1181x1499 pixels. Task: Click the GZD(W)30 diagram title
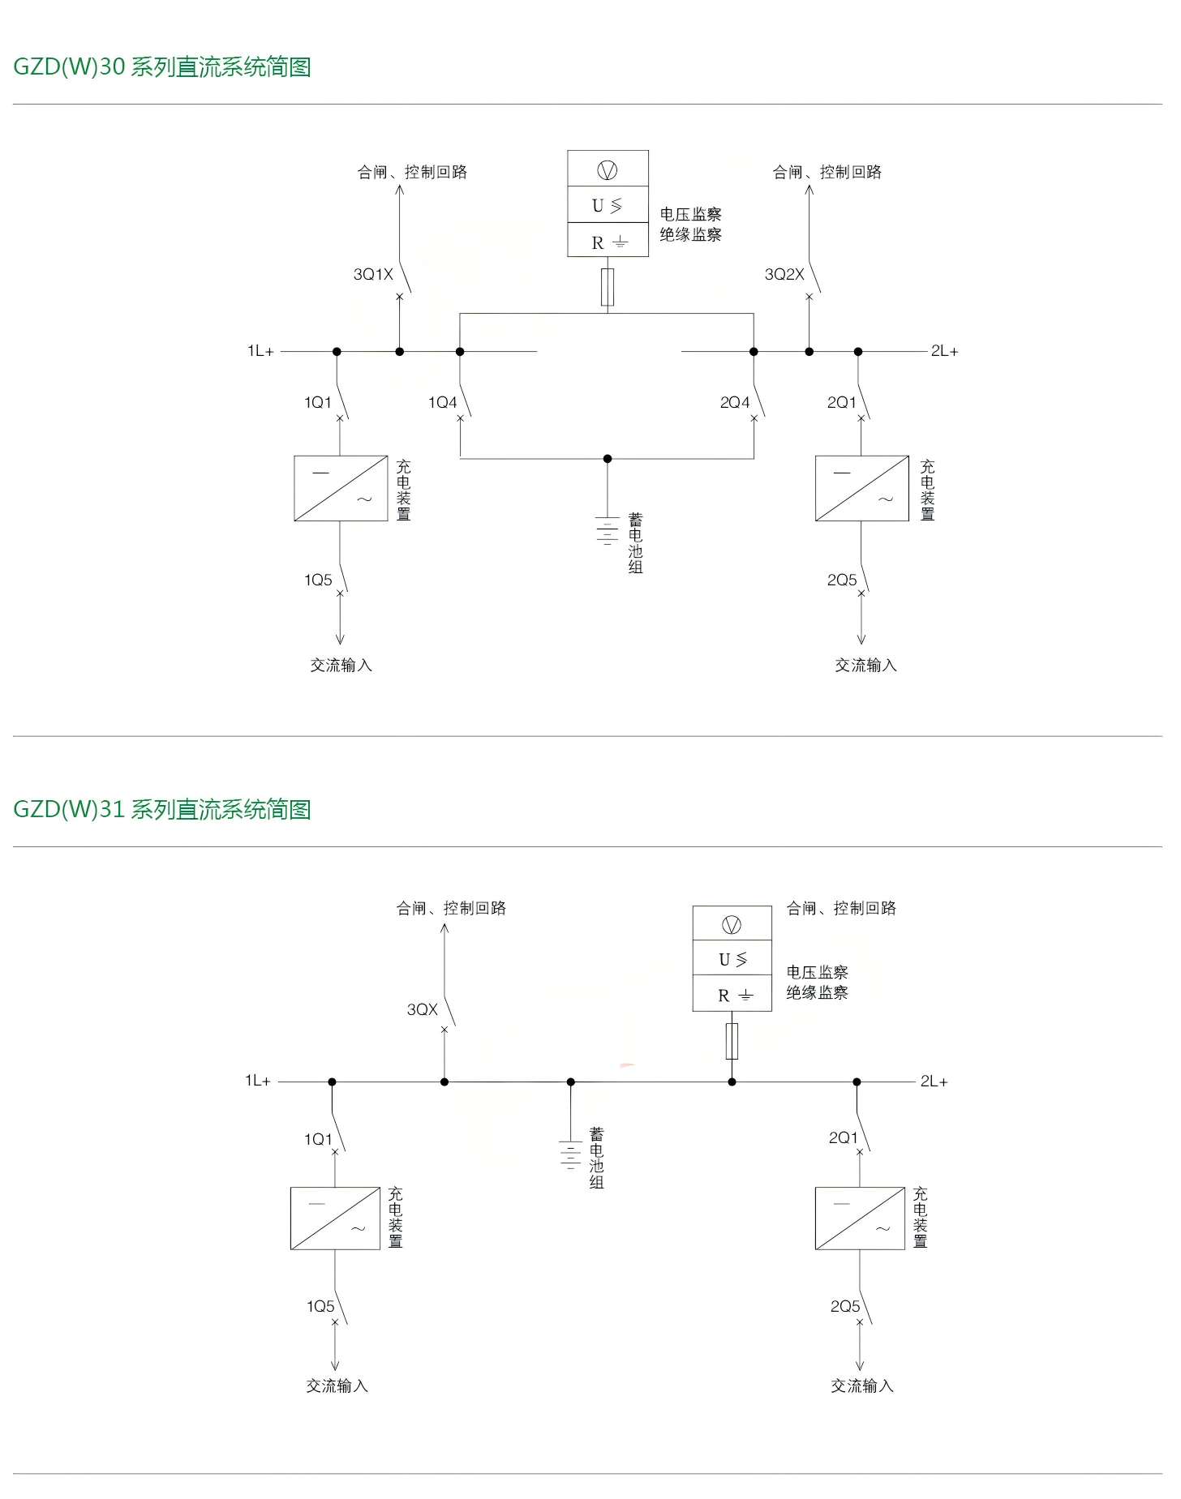162,66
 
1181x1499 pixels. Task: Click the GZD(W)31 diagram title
162,809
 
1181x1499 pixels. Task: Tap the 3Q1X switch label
373,275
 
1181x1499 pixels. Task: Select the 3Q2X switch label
784,275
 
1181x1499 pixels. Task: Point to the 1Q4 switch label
443,403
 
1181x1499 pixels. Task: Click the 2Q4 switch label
735,403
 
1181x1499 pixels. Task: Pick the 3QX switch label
422,1010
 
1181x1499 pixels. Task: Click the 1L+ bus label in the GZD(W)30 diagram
260,351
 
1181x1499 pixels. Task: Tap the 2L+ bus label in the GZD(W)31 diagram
934,1081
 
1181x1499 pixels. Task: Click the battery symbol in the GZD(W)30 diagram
607,530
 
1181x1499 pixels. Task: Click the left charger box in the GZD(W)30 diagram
341,488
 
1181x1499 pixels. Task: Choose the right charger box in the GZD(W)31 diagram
860,1218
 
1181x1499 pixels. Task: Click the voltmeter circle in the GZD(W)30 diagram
608,170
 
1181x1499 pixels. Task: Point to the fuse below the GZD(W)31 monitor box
732,1041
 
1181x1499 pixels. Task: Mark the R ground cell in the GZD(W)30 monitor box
608,242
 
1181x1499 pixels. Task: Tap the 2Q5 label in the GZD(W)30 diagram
842,580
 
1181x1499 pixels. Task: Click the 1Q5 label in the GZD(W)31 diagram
320,1307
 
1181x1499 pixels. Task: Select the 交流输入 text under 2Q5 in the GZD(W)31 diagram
862,1386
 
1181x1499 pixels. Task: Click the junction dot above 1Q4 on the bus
460,352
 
